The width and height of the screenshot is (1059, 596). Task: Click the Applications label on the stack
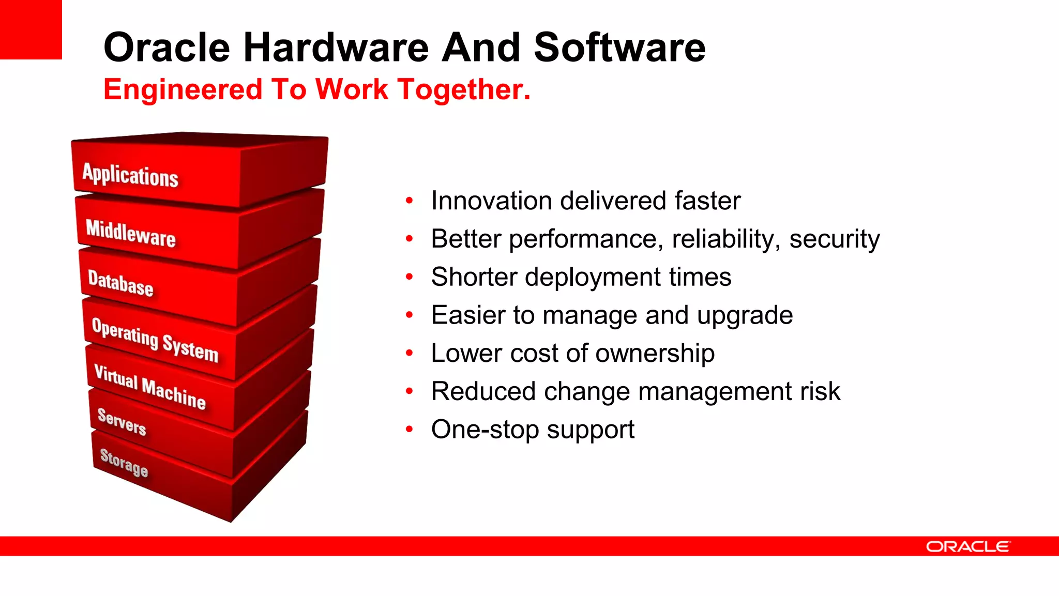click(x=130, y=175)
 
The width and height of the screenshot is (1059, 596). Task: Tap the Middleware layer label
click(x=131, y=233)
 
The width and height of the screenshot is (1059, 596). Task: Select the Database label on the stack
click(x=120, y=283)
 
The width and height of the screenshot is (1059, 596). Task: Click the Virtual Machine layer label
click(x=150, y=387)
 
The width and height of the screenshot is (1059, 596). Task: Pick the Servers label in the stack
click(x=122, y=422)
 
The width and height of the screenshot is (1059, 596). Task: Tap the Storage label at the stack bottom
click(x=124, y=463)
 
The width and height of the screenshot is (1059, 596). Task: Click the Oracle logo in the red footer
click(x=967, y=546)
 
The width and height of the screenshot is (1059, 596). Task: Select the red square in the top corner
click(x=31, y=29)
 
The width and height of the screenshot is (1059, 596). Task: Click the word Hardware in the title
click(x=336, y=48)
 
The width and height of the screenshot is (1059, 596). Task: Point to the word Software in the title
click(x=619, y=48)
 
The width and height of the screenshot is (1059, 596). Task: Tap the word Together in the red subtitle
click(x=464, y=89)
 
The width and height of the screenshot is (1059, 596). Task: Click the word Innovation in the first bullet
click(x=491, y=201)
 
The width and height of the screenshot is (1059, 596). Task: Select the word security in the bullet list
click(x=834, y=239)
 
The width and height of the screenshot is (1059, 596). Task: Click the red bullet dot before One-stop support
click(x=410, y=429)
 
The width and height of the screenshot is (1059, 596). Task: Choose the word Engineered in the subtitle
click(x=183, y=89)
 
